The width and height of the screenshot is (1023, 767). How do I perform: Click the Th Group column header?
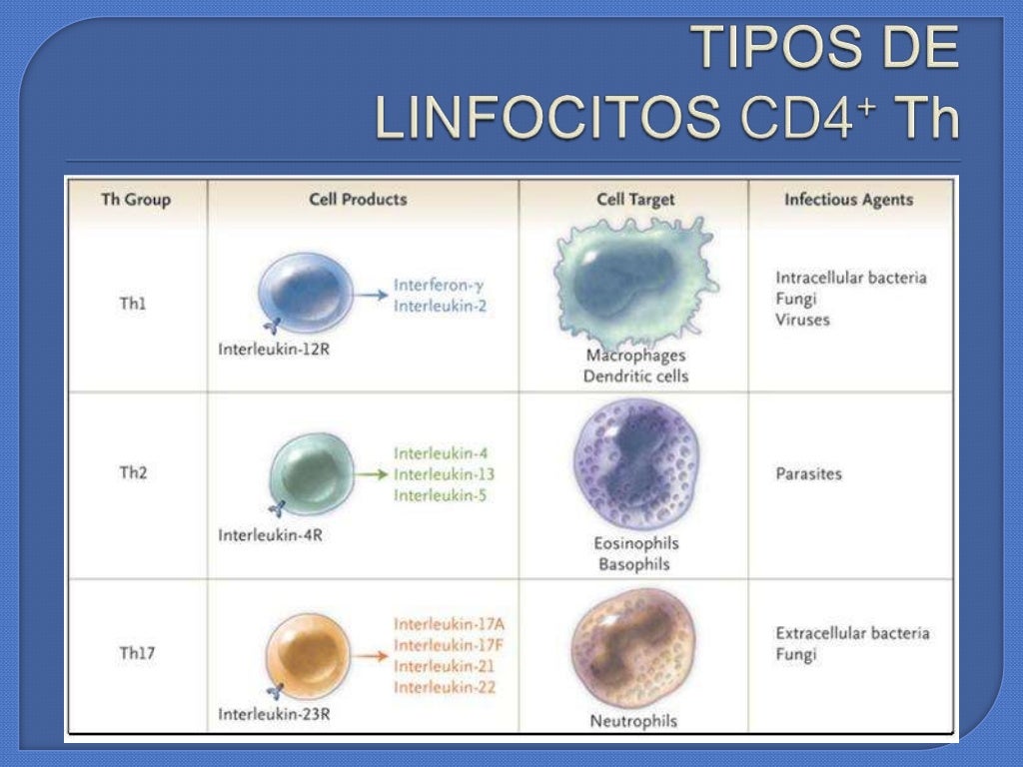(x=136, y=199)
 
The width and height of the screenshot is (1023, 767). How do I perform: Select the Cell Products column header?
(x=358, y=199)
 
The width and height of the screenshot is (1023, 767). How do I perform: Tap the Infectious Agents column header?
(x=848, y=199)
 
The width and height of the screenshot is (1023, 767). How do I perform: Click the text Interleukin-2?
(x=440, y=306)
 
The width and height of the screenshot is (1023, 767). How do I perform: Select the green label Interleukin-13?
(x=444, y=473)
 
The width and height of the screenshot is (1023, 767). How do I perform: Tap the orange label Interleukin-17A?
(x=443, y=624)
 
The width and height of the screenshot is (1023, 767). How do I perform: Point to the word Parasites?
(x=808, y=473)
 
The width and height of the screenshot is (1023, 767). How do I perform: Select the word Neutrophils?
(x=633, y=720)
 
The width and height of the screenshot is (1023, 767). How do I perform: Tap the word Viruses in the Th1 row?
(x=802, y=320)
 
